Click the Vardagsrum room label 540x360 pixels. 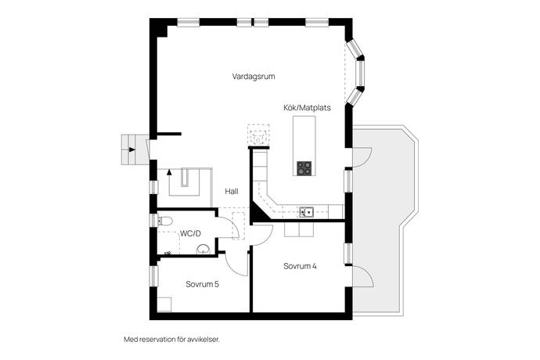click(254, 77)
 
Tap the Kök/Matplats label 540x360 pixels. click(308, 108)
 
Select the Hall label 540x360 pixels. click(232, 191)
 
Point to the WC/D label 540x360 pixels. click(190, 233)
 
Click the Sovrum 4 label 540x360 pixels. click(300, 266)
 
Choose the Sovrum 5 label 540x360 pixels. click(202, 284)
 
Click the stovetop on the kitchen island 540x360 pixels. click(304, 168)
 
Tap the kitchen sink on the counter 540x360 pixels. click(306, 212)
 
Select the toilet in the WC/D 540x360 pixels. click(164, 221)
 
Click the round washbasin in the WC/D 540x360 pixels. click(203, 250)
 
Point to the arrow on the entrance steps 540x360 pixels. click(132, 149)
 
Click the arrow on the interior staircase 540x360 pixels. click(169, 172)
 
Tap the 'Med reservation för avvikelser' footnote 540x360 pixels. click(171, 340)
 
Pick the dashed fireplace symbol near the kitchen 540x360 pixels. click(258, 135)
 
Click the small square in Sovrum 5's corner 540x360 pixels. click(164, 305)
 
